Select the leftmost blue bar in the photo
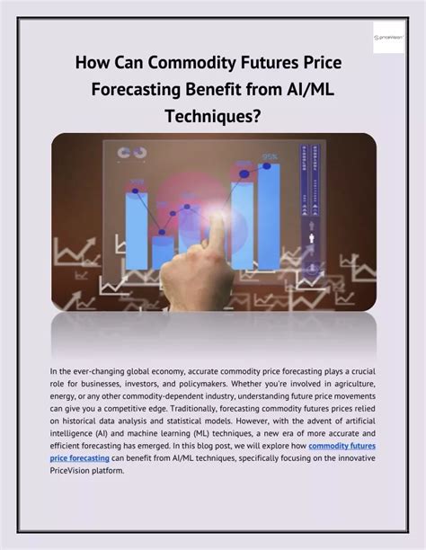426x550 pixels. pyautogui.click(x=137, y=229)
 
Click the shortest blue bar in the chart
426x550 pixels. pyautogui.click(x=164, y=251)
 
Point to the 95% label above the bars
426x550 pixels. pyautogui.click(x=270, y=158)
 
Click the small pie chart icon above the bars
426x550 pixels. pyautogui.click(x=140, y=154)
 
